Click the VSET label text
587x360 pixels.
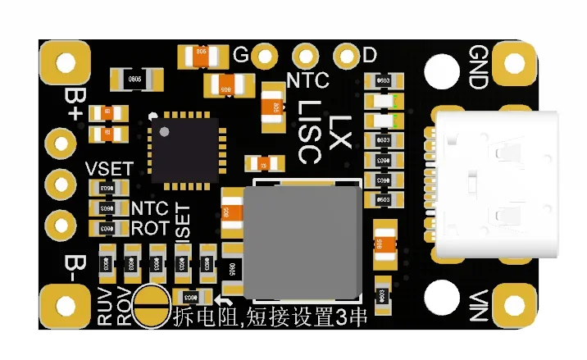(108, 169)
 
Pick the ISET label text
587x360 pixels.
(183, 222)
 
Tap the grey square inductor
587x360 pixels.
(303, 241)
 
